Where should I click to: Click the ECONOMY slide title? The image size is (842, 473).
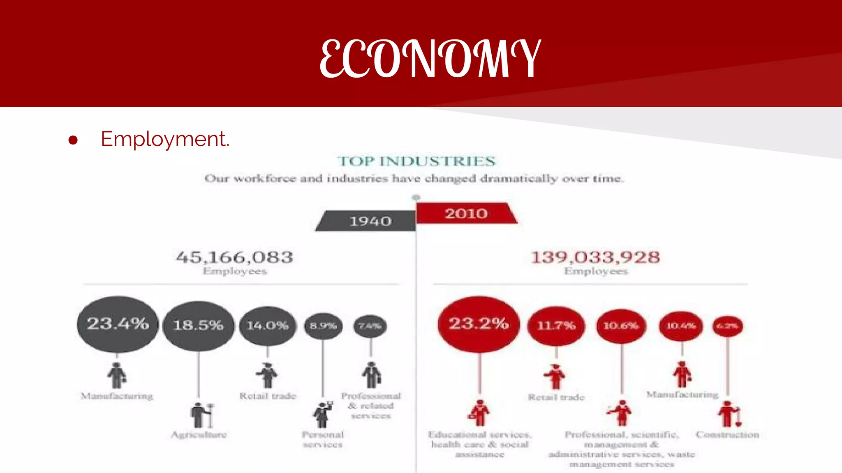[x=430, y=58]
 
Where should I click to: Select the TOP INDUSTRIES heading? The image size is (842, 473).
[x=416, y=161]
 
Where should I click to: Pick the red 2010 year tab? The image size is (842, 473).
[x=466, y=214]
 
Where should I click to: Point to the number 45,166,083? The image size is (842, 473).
[x=234, y=257]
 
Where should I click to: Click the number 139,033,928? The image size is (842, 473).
[x=596, y=257]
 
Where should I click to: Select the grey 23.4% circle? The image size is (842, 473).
[x=118, y=324]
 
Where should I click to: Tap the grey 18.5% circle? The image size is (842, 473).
[x=199, y=326]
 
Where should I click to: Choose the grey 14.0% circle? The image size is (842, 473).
[x=268, y=326]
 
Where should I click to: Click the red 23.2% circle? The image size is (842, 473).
[x=479, y=324]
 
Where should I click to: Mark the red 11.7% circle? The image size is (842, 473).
[x=556, y=326]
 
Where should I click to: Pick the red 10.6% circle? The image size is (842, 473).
[x=621, y=326]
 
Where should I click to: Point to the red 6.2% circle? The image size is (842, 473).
[x=727, y=326]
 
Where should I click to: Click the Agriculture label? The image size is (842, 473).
[x=199, y=434]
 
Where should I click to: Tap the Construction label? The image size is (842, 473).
[x=727, y=434]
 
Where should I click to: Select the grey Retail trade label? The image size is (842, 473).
[x=268, y=396]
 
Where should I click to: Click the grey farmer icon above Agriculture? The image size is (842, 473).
[x=201, y=415]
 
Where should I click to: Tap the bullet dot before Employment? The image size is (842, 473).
[x=73, y=140]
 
